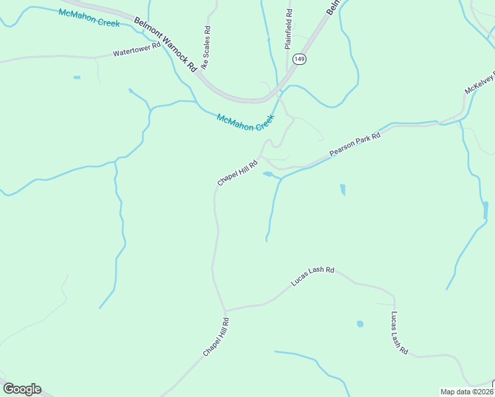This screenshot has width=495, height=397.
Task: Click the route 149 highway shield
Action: click(x=300, y=58)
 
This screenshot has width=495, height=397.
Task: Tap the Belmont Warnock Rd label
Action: click(x=165, y=44)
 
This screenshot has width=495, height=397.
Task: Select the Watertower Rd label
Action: click(x=136, y=50)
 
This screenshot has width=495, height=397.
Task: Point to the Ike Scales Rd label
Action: click(x=206, y=48)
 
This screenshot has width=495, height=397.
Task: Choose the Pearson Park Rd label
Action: click(x=355, y=144)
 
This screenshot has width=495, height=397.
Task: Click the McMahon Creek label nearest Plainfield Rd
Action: click(x=245, y=122)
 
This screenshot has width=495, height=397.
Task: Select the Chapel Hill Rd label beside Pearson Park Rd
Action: click(x=237, y=172)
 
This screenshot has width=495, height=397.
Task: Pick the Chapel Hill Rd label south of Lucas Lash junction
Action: click(x=216, y=337)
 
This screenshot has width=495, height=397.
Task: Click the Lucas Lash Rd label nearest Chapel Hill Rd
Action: click(x=312, y=277)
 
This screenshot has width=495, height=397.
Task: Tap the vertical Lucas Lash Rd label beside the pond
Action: click(x=398, y=333)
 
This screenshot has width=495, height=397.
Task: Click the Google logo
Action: click(x=22, y=389)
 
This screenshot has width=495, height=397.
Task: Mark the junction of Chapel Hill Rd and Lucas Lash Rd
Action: click(x=225, y=310)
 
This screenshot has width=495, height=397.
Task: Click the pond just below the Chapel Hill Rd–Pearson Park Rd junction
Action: click(x=268, y=175)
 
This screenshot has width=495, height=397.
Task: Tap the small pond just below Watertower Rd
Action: click(x=77, y=77)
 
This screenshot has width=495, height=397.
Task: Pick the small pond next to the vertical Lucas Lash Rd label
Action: click(x=360, y=324)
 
